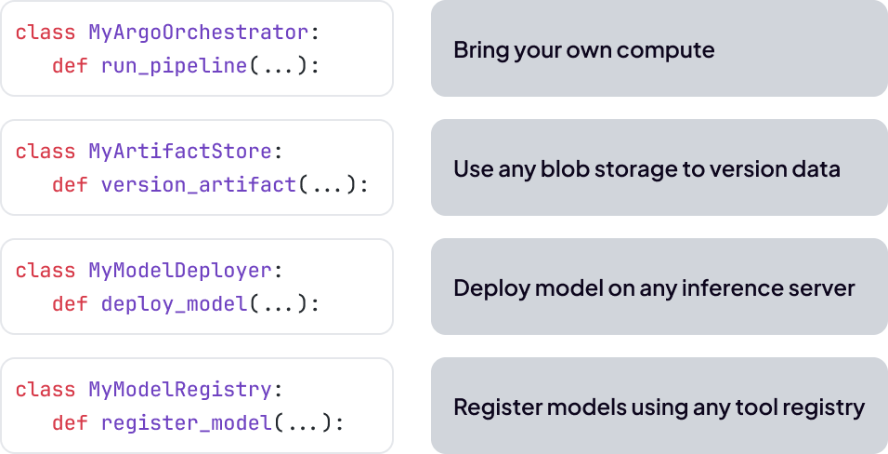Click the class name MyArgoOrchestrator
(198, 33)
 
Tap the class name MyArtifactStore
(179, 152)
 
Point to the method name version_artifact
(198, 185)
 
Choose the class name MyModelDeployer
(179, 271)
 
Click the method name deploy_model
(174, 304)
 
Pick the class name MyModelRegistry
(179, 390)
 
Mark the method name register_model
(186, 423)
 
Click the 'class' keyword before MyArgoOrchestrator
(46, 33)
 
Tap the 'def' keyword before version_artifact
(70, 185)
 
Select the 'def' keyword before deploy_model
(70, 304)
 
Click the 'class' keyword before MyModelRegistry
(46, 390)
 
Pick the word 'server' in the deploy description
(821, 288)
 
